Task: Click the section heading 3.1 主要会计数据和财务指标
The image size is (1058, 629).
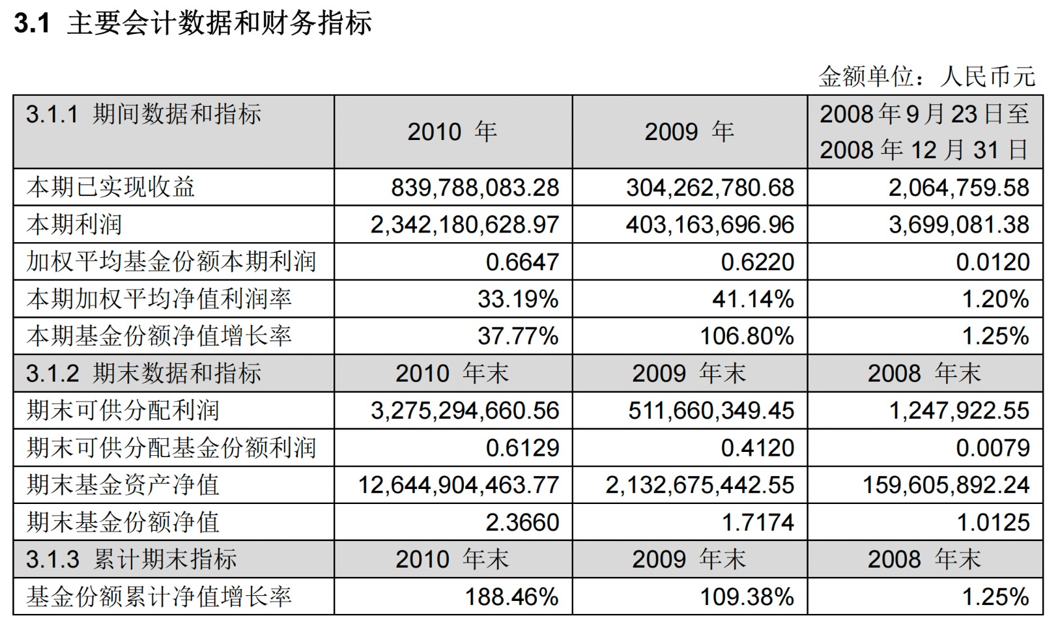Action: point(193,24)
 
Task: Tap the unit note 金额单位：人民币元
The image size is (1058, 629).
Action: point(926,77)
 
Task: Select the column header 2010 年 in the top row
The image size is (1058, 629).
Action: point(452,132)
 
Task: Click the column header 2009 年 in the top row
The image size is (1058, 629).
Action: point(689,132)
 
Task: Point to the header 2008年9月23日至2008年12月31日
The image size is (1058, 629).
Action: point(924,132)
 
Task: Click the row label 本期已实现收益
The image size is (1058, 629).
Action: point(111,188)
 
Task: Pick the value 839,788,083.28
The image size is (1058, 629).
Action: point(474,188)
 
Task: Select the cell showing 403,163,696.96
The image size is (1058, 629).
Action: point(709,225)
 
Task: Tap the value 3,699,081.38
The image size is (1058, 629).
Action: point(958,225)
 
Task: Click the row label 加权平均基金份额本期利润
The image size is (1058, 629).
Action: point(171,262)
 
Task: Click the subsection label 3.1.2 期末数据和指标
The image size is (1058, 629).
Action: point(143,374)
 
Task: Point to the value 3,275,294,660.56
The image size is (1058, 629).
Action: point(465,411)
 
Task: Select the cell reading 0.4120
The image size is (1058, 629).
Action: point(757,448)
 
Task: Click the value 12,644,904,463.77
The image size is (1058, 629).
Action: point(459,485)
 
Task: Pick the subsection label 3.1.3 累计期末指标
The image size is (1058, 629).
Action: point(131,559)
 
